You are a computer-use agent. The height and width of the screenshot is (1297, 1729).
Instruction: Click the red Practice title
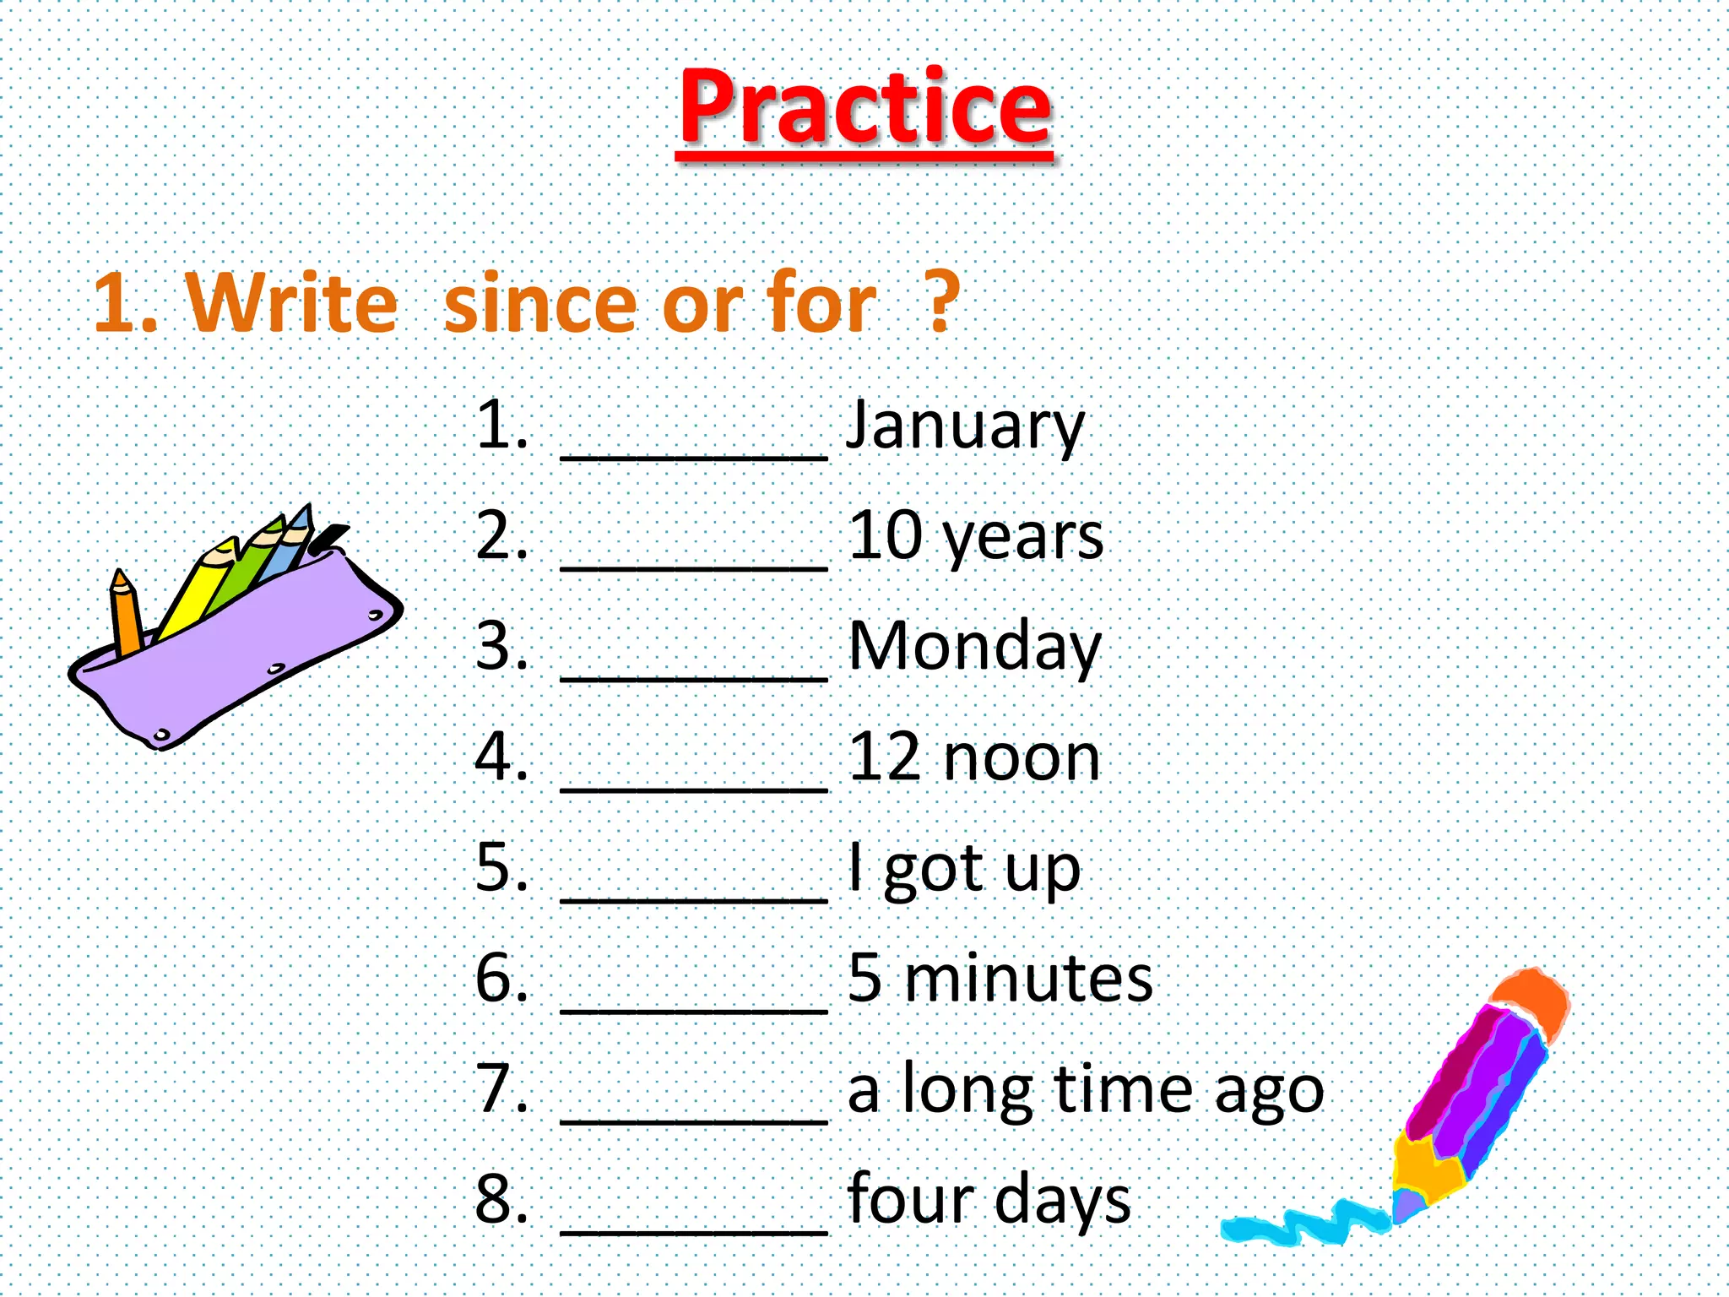[865, 107]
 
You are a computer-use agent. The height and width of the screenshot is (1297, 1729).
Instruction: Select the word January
[965, 426]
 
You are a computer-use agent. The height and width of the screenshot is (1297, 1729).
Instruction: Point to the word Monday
[974, 647]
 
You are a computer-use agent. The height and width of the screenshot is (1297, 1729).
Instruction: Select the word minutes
[1028, 979]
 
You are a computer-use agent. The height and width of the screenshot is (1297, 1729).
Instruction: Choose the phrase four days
[989, 1199]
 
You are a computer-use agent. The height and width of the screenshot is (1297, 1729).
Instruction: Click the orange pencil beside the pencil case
[126, 612]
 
